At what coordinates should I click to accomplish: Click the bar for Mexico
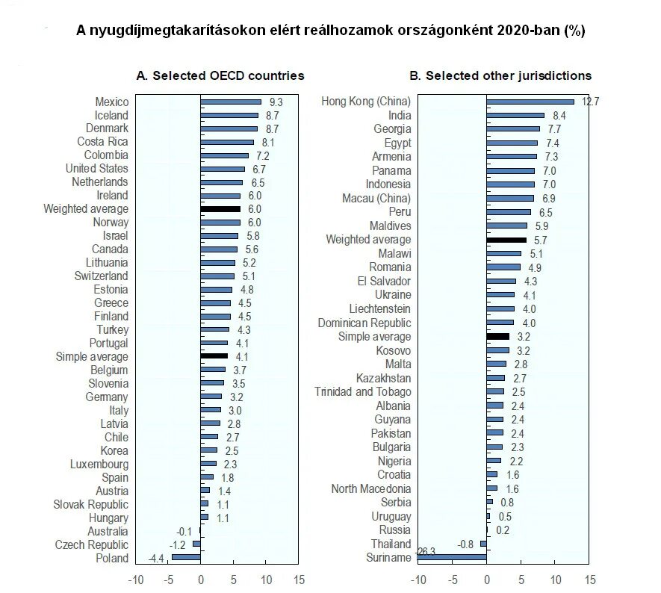[x=231, y=102]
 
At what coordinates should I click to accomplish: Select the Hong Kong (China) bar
[x=530, y=102]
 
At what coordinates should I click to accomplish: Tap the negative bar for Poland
[x=186, y=558]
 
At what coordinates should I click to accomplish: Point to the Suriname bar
[x=452, y=557]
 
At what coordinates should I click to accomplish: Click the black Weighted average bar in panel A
[x=220, y=209]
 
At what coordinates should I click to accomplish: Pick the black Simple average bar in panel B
[x=497, y=337]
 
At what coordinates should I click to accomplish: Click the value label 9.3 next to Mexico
[x=276, y=102]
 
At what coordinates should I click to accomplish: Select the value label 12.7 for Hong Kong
[x=591, y=102]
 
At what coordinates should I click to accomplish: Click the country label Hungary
[x=108, y=518]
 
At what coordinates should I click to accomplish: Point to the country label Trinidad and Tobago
[x=362, y=392]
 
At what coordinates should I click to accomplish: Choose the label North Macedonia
[x=371, y=488]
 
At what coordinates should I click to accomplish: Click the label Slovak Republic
[x=90, y=504]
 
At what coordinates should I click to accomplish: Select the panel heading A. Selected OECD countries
[x=220, y=75]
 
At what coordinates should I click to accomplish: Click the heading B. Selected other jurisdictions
[x=500, y=75]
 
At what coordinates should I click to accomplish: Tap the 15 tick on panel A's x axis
[x=299, y=580]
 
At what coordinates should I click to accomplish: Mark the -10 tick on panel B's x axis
[x=418, y=580]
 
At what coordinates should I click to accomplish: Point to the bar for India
[x=515, y=115]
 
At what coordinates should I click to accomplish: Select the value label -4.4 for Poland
[x=156, y=558]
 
